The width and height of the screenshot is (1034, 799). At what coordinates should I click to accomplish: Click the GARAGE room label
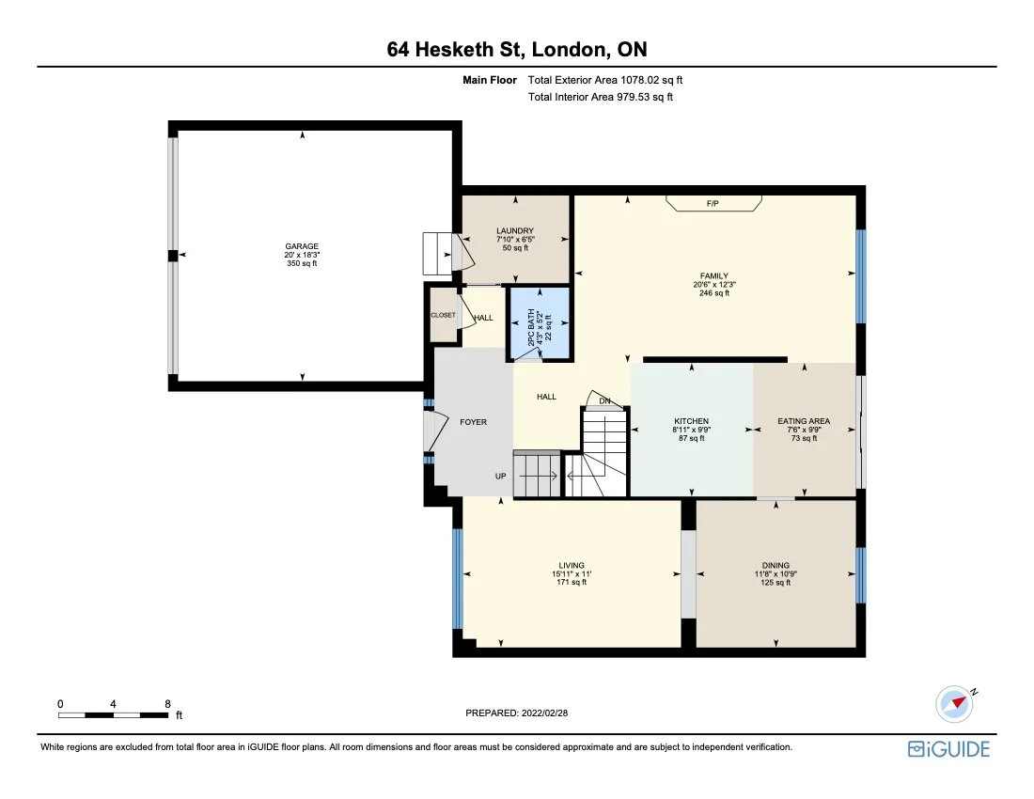point(302,246)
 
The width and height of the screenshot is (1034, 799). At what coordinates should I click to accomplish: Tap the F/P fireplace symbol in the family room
point(713,204)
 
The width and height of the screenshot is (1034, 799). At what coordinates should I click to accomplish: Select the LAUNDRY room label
point(514,230)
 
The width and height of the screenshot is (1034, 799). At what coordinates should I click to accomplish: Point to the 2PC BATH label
point(531,328)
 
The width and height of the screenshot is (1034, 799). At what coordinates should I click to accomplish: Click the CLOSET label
point(443,316)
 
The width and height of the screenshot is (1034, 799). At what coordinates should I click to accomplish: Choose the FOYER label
point(473,422)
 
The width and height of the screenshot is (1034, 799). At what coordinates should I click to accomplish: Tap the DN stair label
point(605,401)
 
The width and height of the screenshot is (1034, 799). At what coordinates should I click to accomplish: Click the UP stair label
point(501,477)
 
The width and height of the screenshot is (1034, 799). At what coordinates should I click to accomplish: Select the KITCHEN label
point(691,421)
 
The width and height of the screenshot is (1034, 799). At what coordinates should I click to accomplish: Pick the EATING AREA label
point(803,421)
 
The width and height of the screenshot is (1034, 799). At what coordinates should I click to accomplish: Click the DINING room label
point(775,566)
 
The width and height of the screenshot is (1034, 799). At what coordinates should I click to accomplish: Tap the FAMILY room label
point(714,276)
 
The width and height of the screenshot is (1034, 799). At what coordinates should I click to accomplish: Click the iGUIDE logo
point(948,749)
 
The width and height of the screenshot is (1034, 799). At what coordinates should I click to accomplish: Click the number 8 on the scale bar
point(167,703)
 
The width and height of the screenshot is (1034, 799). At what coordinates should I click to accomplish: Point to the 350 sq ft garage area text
point(302,263)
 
